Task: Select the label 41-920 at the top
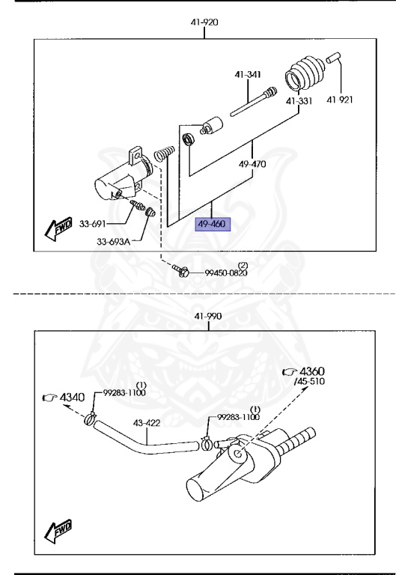pos(204,23)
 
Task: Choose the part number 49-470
pos(252,163)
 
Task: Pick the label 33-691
pos(115,224)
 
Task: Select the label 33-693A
pos(112,241)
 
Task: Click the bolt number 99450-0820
pos(226,274)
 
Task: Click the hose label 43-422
pos(147,424)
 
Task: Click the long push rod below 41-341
pos(252,103)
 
